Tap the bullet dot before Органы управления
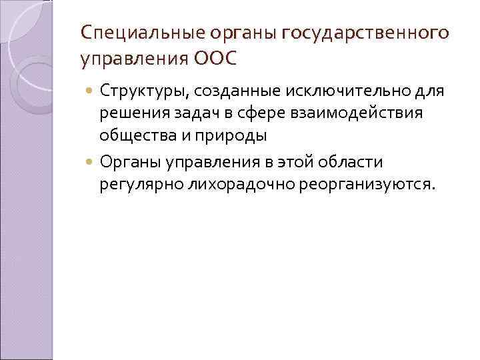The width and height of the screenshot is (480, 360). pyautogui.click(x=91, y=161)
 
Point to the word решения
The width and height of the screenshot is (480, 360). pyautogui.click(x=131, y=113)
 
